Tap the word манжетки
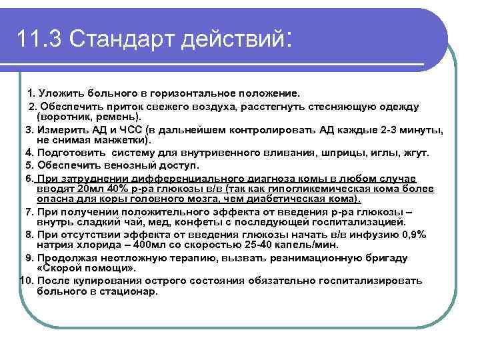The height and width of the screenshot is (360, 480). coord(125,140)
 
